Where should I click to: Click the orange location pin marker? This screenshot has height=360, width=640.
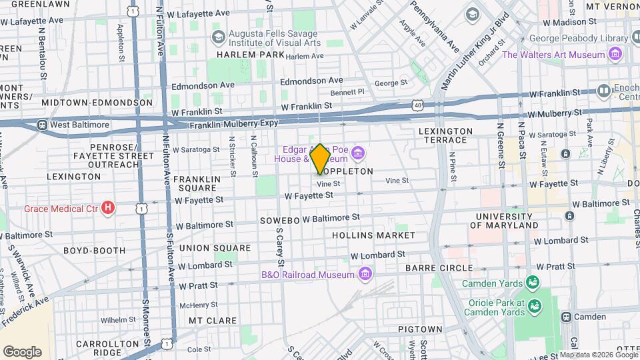click(x=320, y=159)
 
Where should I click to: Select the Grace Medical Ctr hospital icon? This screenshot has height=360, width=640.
click(x=108, y=209)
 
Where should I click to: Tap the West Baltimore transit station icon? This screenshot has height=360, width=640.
click(x=41, y=125)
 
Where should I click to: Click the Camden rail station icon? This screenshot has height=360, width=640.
click(x=567, y=317)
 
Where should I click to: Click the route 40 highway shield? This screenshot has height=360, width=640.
click(x=417, y=105)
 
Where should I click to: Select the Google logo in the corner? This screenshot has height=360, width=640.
click(x=22, y=352)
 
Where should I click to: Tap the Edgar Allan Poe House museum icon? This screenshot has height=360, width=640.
click(x=359, y=155)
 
